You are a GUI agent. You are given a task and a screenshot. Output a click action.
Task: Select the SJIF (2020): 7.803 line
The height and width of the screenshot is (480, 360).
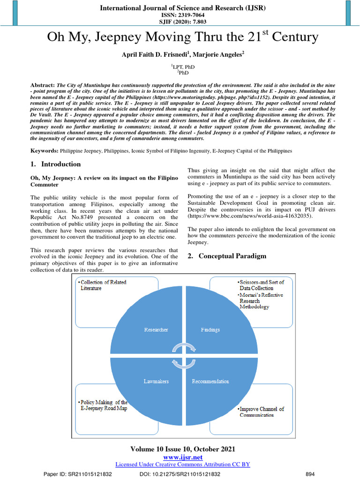pos(180,22)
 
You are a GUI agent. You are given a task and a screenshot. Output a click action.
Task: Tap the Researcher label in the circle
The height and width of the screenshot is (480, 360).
pos(156,330)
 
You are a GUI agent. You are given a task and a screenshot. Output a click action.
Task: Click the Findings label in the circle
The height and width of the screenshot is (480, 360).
pos(210,330)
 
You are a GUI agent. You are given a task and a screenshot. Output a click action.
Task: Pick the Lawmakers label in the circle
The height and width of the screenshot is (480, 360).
pos(156,381)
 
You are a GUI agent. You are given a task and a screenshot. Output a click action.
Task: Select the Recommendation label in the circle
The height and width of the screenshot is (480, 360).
pos(210,381)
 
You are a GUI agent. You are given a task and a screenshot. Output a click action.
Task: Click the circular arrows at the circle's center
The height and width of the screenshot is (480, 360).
pos(183,355)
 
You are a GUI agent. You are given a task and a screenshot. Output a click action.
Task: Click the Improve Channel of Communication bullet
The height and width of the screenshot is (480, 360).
pos(262,412)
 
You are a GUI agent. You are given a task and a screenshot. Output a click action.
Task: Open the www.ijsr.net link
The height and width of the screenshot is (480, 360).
pos(182,457)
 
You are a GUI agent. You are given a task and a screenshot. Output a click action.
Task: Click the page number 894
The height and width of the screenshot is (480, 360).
pos(310,474)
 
